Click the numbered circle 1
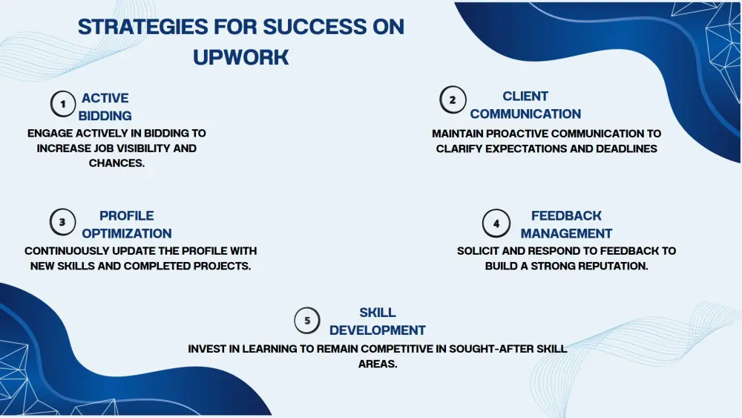tap(63, 104)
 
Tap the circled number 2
tap(453, 100)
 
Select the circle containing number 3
tap(62, 222)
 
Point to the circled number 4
tap(496, 223)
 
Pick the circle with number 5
tap(307, 321)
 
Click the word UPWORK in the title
tap(241, 57)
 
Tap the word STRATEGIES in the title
tap(142, 27)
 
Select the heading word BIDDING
tap(105, 116)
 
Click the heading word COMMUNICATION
tap(525, 114)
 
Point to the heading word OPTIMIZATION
tap(127, 233)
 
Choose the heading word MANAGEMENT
tap(566, 233)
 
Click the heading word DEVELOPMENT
tap(378, 330)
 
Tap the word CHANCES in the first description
tap(117, 163)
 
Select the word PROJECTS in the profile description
tap(222, 266)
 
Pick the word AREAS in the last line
tap(378, 364)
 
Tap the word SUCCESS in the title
tap(315, 27)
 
